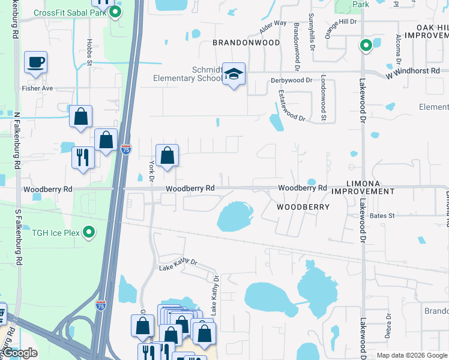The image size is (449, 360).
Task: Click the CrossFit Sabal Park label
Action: [70, 13]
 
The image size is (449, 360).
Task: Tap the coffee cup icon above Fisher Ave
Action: [35, 62]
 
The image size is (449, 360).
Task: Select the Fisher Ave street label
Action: [38, 88]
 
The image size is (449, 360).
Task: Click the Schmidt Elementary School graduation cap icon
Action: [234, 74]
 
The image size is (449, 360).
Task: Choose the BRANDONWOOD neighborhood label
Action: [246, 43]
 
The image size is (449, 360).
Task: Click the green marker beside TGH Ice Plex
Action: [89, 232]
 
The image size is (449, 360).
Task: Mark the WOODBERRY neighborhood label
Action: [303, 207]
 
